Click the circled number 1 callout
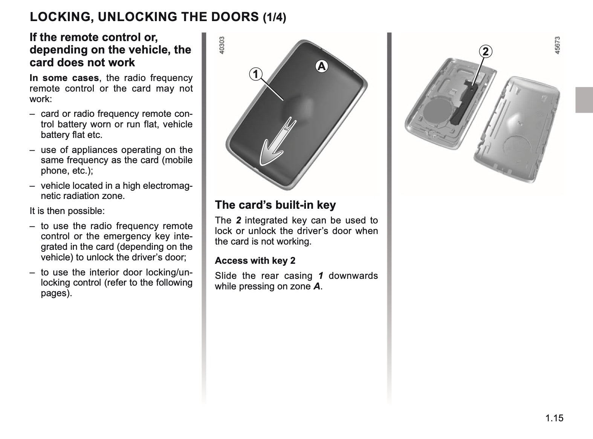click(x=255, y=74)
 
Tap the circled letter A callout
click(x=321, y=66)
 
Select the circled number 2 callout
click(x=486, y=51)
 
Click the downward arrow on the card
click(x=277, y=144)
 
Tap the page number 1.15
click(x=554, y=418)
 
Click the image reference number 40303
click(x=222, y=45)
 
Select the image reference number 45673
click(x=557, y=45)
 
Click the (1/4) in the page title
click(x=275, y=18)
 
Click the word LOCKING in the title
click(x=61, y=17)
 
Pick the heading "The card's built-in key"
click(x=275, y=205)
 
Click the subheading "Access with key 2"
click(x=255, y=260)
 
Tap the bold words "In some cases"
click(x=64, y=78)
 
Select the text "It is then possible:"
click(x=67, y=211)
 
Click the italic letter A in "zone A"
click(x=317, y=286)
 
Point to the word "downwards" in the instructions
click(x=353, y=275)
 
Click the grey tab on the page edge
click(x=584, y=100)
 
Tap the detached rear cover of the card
click(x=517, y=130)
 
